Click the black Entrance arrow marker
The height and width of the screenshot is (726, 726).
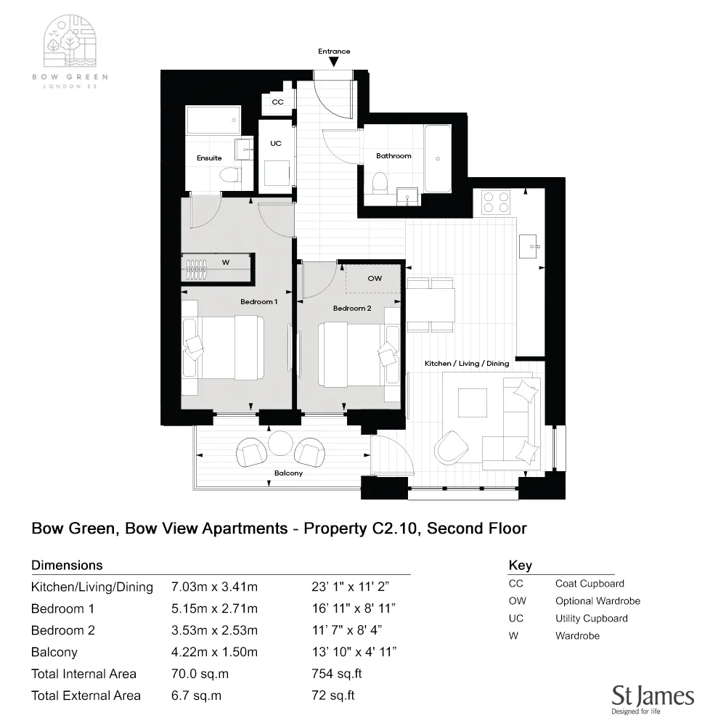tap(333, 63)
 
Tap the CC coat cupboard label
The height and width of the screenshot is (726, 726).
tap(277, 102)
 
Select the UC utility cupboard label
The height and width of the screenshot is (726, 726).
tap(276, 144)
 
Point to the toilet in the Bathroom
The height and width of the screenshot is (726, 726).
tap(380, 182)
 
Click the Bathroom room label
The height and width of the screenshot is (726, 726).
tap(393, 156)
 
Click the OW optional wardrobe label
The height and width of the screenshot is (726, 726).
tap(375, 278)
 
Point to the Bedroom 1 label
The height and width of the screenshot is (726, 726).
tap(259, 301)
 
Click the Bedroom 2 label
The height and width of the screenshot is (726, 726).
tap(352, 309)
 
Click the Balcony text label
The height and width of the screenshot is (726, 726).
tap(288, 473)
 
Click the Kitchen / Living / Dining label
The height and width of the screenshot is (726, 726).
tap(467, 363)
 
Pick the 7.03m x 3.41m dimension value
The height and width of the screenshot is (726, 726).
tap(214, 587)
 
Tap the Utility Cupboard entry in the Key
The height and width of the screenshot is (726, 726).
tap(591, 619)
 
